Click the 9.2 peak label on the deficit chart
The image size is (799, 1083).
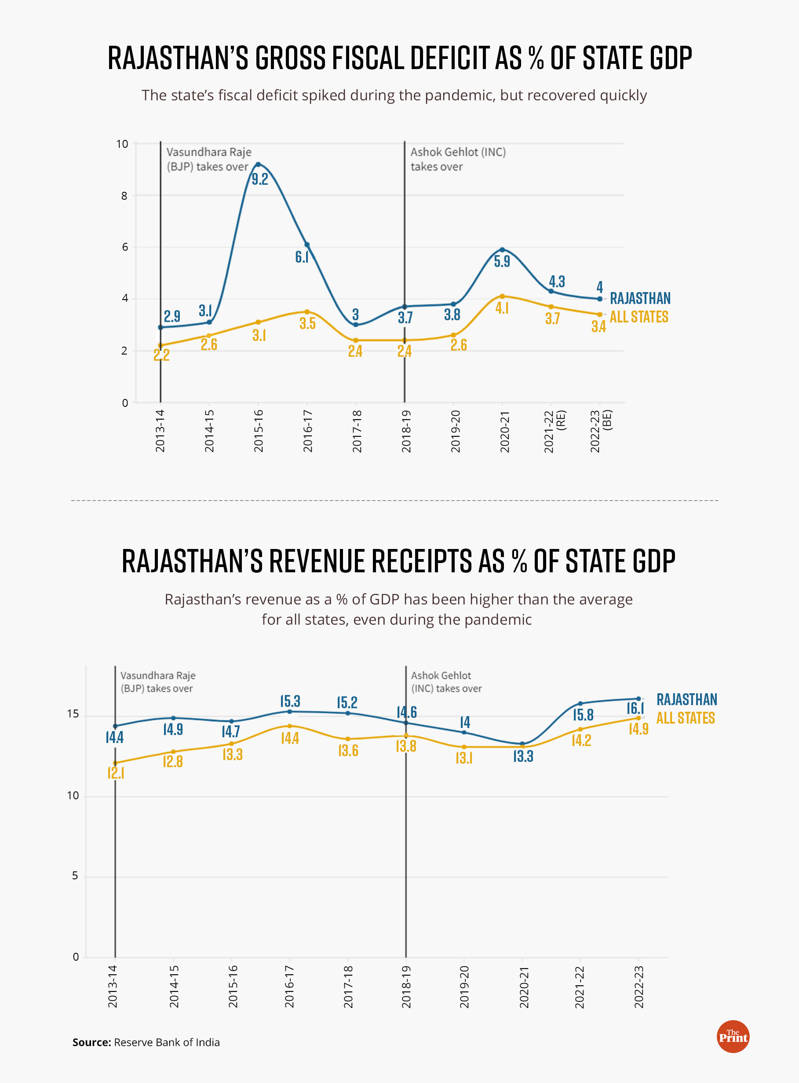pos(260,179)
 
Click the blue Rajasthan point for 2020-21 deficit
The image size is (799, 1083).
pos(502,249)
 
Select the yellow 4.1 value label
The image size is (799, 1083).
pos(502,308)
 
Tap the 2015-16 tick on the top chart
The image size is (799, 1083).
pos(258,431)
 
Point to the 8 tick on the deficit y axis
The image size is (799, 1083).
pos(124,196)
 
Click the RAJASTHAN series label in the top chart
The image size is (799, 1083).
pos(640,298)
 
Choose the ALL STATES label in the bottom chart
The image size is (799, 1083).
pos(686,718)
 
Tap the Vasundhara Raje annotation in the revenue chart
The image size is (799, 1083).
pos(158,681)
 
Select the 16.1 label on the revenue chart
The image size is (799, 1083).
pos(635,709)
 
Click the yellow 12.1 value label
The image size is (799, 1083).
pos(116,773)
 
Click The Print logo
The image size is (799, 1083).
pos(733,1036)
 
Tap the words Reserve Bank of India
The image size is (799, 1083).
pos(166,1043)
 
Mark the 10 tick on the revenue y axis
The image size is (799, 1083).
pos(73,796)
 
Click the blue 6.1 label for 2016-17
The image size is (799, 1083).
pos(302,257)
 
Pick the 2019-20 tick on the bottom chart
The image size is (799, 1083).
pos(464,987)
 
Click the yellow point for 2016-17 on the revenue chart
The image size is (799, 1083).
pos(290,726)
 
